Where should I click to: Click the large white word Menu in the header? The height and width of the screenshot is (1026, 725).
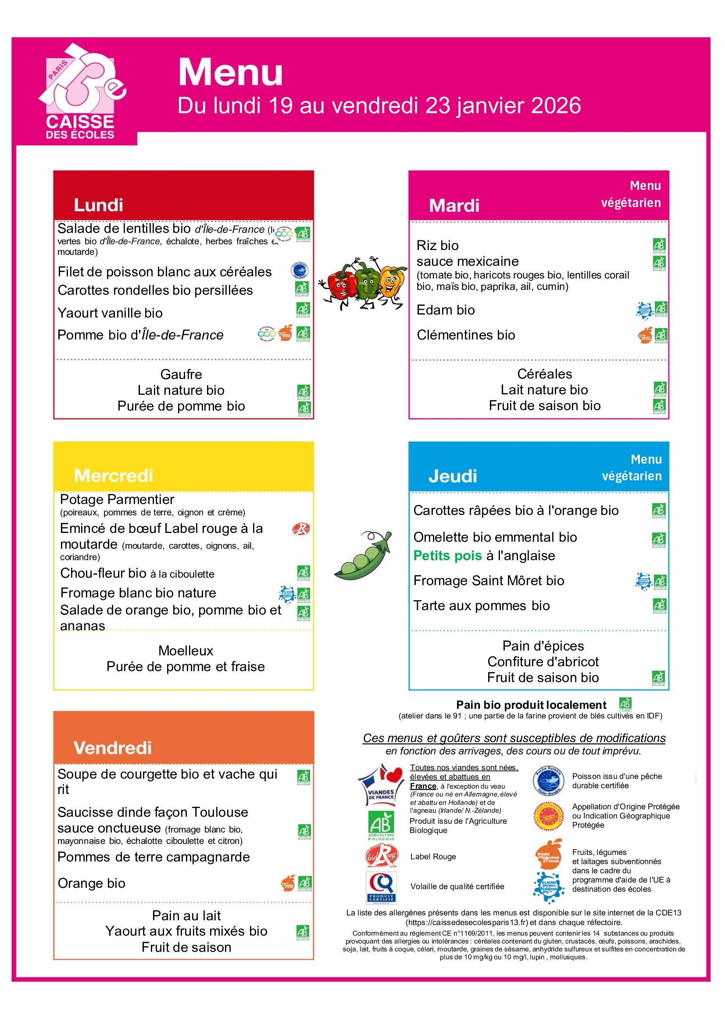point(231,72)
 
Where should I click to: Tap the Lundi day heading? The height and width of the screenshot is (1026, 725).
point(98,205)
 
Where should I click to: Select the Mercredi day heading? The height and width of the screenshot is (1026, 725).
point(114,475)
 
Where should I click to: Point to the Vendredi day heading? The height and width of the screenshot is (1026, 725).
point(113,747)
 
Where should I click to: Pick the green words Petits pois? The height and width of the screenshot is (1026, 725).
point(447,555)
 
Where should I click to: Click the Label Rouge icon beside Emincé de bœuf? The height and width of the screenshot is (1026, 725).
point(300,529)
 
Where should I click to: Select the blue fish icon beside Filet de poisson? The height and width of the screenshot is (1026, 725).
point(299,270)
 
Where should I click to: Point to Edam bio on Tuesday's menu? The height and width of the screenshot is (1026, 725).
point(445,310)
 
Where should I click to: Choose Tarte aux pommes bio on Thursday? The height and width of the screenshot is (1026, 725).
point(481,605)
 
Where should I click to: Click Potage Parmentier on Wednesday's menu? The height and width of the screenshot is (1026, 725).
point(117,499)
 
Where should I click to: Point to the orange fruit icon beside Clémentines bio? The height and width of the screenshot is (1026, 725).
point(645,335)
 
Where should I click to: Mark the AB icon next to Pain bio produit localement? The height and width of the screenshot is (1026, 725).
point(625,704)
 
